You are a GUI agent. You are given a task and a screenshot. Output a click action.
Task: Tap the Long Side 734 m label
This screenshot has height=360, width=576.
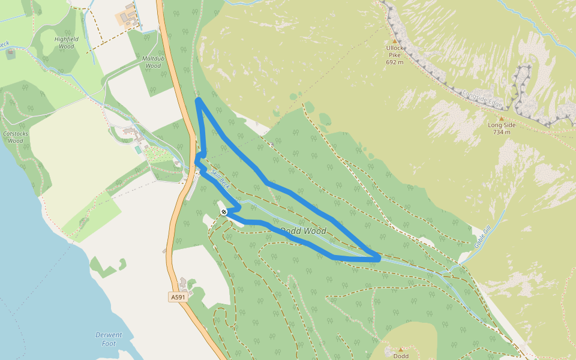[x=502, y=128]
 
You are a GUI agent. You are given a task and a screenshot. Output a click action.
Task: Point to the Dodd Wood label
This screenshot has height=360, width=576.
[x=304, y=231]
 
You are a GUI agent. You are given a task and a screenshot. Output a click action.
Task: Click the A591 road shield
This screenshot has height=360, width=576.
[x=178, y=297]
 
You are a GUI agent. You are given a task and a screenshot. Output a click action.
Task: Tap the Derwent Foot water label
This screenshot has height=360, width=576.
[x=109, y=339]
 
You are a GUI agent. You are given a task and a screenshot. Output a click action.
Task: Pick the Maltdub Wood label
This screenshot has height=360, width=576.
[x=153, y=62]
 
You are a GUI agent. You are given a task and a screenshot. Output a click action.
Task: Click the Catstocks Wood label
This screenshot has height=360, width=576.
[x=13, y=137]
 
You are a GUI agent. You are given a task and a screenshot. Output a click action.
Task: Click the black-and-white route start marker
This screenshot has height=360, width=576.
[x=224, y=212]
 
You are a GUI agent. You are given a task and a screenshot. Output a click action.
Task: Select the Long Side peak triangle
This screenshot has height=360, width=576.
[x=502, y=119]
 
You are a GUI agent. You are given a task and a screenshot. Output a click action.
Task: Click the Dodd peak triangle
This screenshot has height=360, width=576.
[x=401, y=349]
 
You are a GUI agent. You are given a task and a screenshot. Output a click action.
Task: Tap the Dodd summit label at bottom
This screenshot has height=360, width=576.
[x=401, y=356]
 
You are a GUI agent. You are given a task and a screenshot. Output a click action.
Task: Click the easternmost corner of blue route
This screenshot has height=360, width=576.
[x=379, y=259]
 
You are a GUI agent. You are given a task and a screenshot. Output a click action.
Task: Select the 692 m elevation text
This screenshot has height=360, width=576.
[x=394, y=62]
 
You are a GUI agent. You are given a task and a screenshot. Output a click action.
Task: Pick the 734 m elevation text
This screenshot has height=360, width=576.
[x=502, y=132]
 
